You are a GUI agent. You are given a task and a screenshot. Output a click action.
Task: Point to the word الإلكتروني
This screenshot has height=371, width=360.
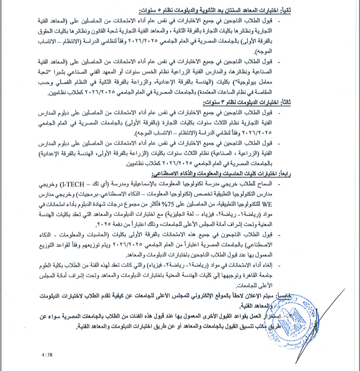pyautogui.click(x=229, y=294)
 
